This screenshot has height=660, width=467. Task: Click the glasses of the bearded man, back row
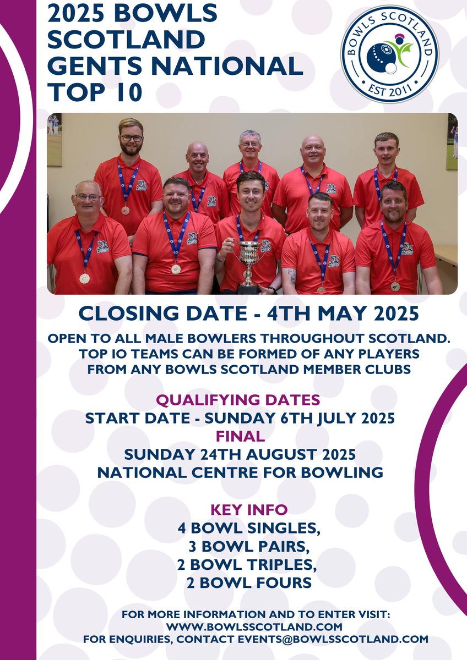tap(131, 138)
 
